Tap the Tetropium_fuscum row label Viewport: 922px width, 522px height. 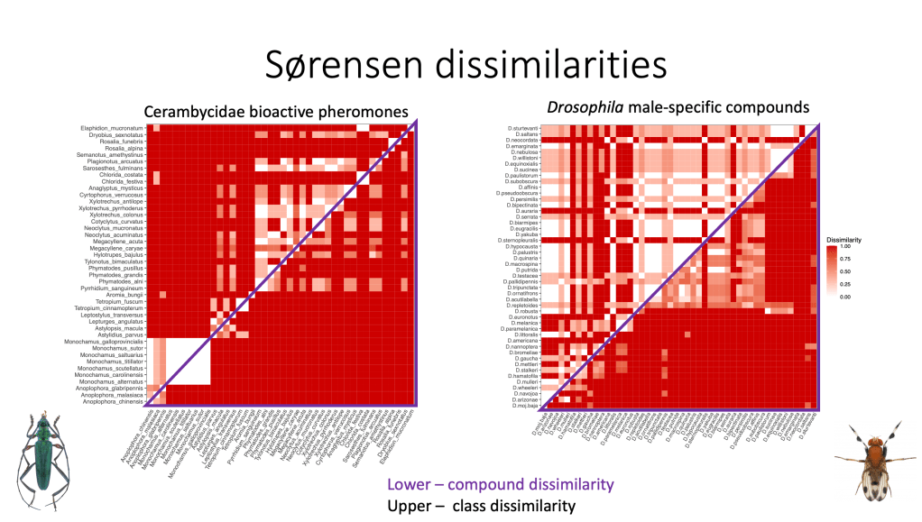pyautogui.click(x=119, y=301)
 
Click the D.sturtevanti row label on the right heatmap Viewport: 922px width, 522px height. pyautogui.click(x=522, y=128)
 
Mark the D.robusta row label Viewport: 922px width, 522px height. pyautogui.click(x=528, y=311)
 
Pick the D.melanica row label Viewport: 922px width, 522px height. pyautogui.click(x=527, y=322)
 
